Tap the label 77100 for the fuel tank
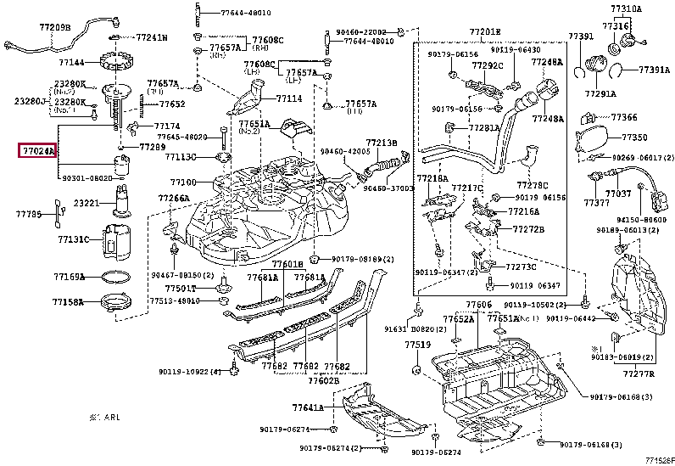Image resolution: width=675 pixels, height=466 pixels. click(182, 182)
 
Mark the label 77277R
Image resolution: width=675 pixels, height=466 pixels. click(639, 373)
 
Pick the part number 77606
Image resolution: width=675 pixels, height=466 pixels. click(478, 304)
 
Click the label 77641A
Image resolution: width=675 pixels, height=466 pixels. click(309, 407)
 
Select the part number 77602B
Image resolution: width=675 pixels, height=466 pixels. click(324, 381)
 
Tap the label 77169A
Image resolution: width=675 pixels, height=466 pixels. click(68, 277)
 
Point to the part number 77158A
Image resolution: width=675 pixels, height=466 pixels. click(68, 301)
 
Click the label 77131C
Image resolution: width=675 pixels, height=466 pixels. click(73, 240)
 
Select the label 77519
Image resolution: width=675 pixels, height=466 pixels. click(417, 345)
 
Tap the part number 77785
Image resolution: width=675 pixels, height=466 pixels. click(29, 216)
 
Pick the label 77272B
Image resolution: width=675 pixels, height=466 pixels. click(528, 228)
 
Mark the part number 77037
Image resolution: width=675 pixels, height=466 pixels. click(622, 194)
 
